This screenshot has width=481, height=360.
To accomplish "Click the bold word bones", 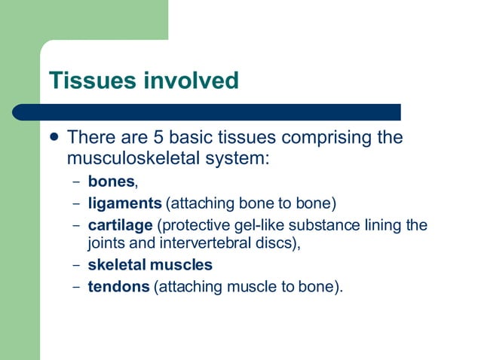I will click(111, 182).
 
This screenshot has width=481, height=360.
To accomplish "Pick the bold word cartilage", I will click(120, 224).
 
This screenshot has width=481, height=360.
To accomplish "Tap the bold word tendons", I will click(119, 286).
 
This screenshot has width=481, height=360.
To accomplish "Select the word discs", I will click(279, 243).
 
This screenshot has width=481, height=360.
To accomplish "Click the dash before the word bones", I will click(75, 182).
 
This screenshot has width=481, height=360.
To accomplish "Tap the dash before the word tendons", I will click(75, 287).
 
